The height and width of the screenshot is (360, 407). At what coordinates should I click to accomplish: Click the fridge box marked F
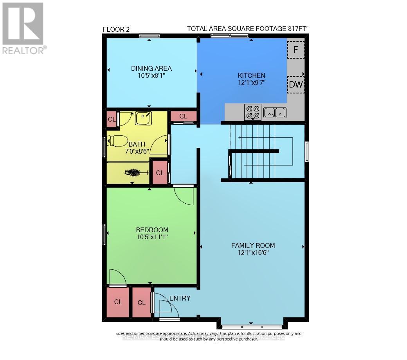[296, 50]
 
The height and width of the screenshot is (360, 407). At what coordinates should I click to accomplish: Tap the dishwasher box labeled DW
[296, 85]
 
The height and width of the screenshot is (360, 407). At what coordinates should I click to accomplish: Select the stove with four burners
[252, 112]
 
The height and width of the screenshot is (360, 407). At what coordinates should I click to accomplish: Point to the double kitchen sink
[275, 113]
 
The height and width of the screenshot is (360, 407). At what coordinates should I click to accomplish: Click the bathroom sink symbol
[143, 118]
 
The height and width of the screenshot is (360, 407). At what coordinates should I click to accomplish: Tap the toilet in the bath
[117, 141]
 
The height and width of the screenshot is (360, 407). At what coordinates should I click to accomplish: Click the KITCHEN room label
[252, 75]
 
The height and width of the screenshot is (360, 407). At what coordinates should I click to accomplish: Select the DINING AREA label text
[151, 68]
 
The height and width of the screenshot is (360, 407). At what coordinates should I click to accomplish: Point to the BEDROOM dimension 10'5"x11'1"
[152, 236]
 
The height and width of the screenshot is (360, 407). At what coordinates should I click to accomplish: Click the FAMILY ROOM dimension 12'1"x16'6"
[253, 253]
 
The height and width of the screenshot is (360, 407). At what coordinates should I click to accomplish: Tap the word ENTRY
[180, 298]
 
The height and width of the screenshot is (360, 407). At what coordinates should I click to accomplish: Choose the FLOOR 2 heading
[116, 29]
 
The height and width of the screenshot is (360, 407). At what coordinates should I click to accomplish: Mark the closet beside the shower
[160, 173]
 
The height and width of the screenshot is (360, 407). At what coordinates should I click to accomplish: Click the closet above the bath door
[183, 116]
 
